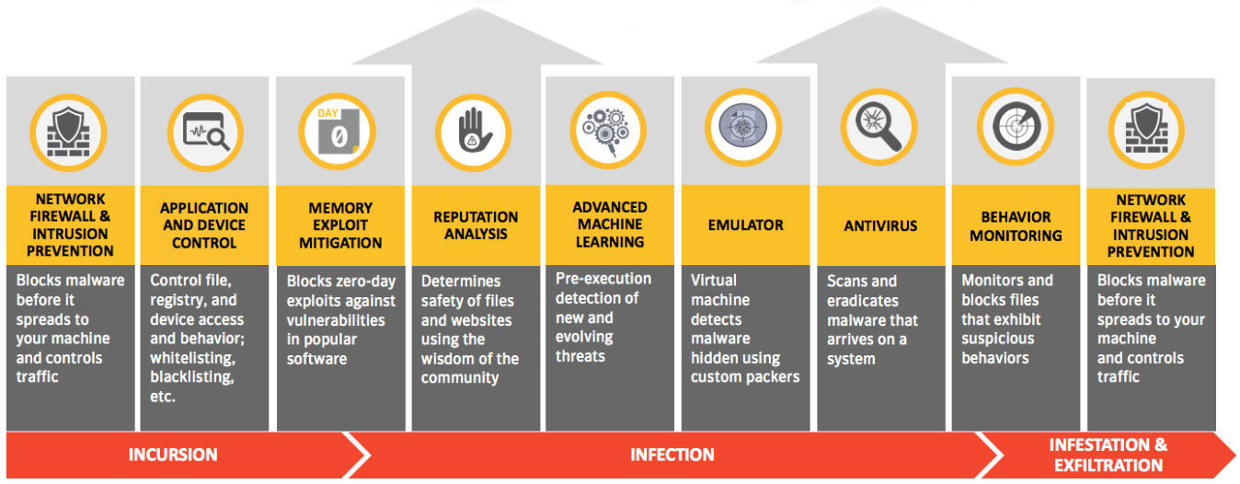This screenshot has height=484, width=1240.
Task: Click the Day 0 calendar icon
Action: click(338, 132)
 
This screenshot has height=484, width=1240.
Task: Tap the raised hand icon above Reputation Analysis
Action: click(474, 132)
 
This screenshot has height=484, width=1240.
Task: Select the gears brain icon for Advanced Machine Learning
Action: click(608, 131)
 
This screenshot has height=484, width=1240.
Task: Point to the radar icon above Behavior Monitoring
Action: click(1016, 127)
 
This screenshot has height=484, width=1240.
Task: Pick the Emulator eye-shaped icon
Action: click(743, 127)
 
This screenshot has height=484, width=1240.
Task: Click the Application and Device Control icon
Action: click(205, 133)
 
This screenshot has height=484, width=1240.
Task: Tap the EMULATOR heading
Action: click(746, 225)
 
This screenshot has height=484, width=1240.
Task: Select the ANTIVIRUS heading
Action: click(880, 225)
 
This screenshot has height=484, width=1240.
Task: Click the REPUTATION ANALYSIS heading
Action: click(476, 225)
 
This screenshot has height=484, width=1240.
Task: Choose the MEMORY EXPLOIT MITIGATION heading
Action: click(340, 225)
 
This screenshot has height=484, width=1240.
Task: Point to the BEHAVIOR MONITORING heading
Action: click(1016, 226)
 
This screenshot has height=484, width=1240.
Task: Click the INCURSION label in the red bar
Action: click(173, 455)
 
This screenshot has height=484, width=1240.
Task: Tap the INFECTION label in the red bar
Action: click(672, 455)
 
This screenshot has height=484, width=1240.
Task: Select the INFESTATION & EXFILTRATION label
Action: click(1108, 455)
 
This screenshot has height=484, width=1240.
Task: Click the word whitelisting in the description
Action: click(192, 358)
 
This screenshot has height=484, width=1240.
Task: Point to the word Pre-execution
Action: click(603, 278)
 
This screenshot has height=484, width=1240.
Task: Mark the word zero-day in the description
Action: click(362, 282)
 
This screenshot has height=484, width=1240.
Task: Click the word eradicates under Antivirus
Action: click(863, 301)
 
